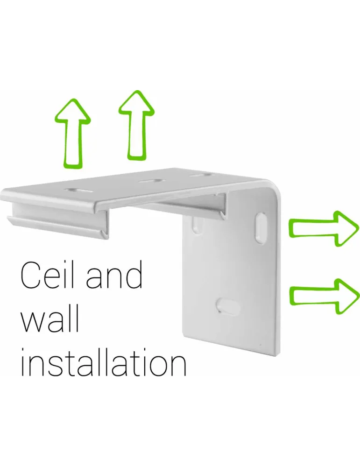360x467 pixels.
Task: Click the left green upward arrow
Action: pyautogui.click(x=72, y=134)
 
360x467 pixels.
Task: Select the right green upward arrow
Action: pyautogui.click(x=136, y=125)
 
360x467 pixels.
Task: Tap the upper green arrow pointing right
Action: pyautogui.click(x=324, y=229)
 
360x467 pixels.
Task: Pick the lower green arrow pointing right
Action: pyautogui.click(x=324, y=296)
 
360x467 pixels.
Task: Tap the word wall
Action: pyautogui.click(x=49, y=318)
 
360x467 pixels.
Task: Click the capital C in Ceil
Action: pyautogui.click(x=31, y=276)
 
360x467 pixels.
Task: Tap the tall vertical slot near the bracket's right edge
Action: pyautogui.click(x=260, y=228)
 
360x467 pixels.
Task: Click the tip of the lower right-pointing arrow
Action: pyautogui.click(x=359, y=296)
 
